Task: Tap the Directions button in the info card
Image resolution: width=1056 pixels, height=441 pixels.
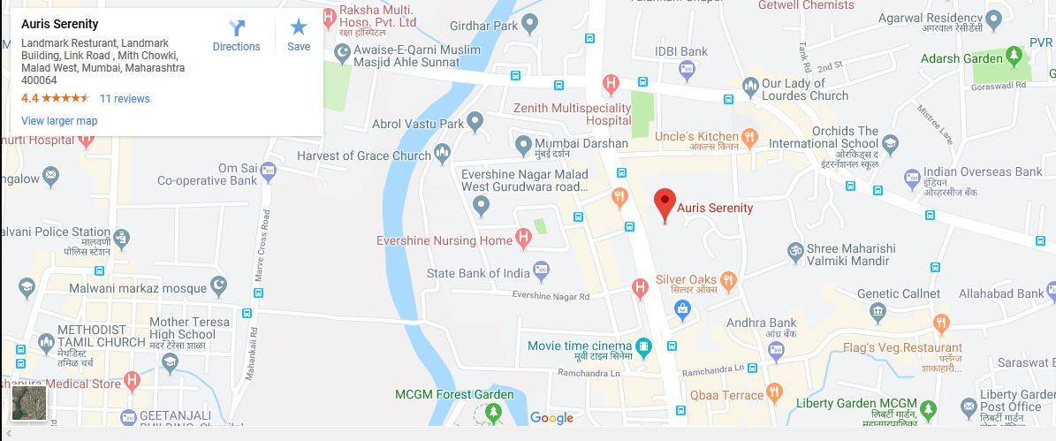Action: pos(236,35)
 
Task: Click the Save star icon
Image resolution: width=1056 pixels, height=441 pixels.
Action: pos(299,35)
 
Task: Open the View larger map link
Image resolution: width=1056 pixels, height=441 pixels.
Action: pos(59,121)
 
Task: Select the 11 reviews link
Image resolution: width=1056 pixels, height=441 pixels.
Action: pos(125,99)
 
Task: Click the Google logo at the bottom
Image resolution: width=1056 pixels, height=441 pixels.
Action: pos(551,418)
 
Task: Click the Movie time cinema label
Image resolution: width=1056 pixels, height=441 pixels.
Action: pos(580,346)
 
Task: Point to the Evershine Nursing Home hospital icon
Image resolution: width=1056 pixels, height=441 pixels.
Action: pos(524,238)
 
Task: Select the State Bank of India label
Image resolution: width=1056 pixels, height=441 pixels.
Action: pos(478,273)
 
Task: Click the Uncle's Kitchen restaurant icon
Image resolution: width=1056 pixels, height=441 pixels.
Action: pos(750,137)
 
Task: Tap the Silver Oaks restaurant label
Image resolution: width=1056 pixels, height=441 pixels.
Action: pos(686,280)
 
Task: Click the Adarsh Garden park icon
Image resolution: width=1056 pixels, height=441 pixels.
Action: pos(1015,58)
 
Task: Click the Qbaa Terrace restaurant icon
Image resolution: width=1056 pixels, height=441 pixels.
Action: pos(775,393)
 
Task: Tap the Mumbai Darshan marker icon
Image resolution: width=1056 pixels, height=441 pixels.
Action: pos(524,144)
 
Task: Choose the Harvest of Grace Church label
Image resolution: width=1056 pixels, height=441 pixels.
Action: pos(364,156)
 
